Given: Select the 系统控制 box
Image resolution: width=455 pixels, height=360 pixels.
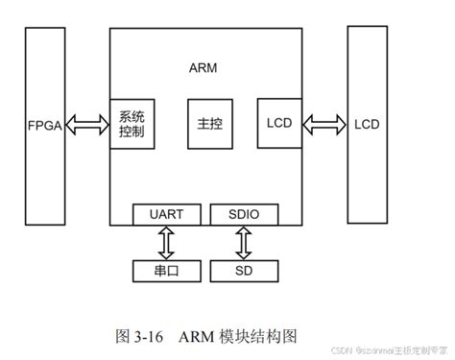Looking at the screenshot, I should click(x=132, y=123).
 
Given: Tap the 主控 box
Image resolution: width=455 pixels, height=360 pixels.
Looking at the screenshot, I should click(x=209, y=123).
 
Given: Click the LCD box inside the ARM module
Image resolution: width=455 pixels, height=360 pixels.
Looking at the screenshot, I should click(x=280, y=122).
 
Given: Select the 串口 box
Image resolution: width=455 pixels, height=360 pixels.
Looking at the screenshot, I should click(x=168, y=270).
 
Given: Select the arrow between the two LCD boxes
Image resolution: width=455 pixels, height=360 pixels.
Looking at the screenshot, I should click(x=325, y=123).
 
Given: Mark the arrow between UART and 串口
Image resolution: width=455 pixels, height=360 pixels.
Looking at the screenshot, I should click(x=168, y=241).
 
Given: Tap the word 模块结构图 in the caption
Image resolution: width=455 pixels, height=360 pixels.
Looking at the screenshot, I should click(x=260, y=336).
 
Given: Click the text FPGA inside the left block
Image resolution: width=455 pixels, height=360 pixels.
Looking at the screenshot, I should click(x=46, y=125).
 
